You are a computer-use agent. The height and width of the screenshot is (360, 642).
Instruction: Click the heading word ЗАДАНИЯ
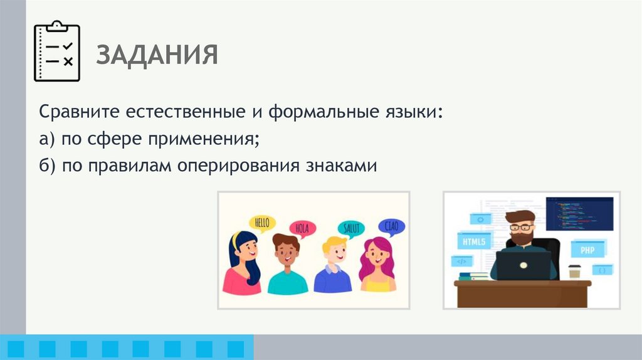click(x=157, y=55)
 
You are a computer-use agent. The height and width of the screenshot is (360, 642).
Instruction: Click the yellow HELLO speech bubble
click(x=263, y=223)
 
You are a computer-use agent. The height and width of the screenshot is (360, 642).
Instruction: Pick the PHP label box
click(x=587, y=249)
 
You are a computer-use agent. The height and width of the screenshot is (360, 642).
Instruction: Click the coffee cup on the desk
click(x=574, y=272)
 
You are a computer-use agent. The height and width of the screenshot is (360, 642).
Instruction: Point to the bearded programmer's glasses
click(x=520, y=227)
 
